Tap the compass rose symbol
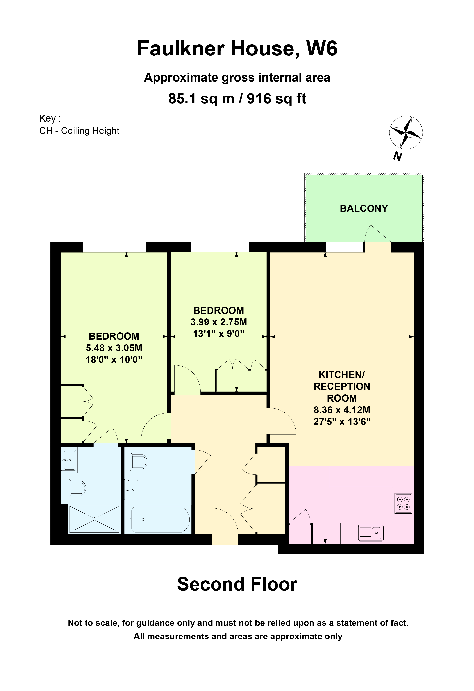[x=406, y=132]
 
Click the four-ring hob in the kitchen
[x=403, y=503]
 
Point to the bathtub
[x=160, y=519]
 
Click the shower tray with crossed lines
[x=94, y=519]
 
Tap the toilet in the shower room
[x=77, y=488]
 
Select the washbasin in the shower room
[x=69, y=460]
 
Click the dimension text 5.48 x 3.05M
[x=114, y=348]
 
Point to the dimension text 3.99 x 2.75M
[x=219, y=322]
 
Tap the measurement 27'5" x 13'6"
[x=342, y=422]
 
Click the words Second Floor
[x=237, y=584]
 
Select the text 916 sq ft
[x=276, y=99]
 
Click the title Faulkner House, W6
[x=237, y=48]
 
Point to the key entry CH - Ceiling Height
[x=79, y=131]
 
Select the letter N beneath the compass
[x=397, y=156]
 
